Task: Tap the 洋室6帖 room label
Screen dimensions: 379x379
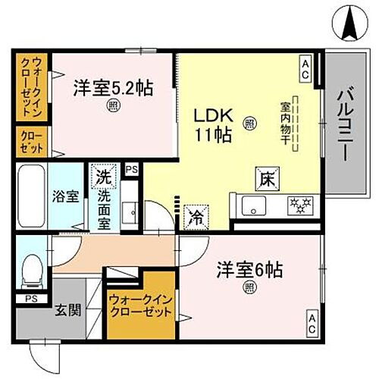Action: click(248, 270)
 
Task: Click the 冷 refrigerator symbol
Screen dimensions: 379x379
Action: click(194, 215)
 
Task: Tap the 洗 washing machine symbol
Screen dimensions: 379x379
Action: click(103, 177)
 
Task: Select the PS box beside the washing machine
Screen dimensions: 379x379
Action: click(131, 170)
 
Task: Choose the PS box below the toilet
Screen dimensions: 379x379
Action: click(30, 299)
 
